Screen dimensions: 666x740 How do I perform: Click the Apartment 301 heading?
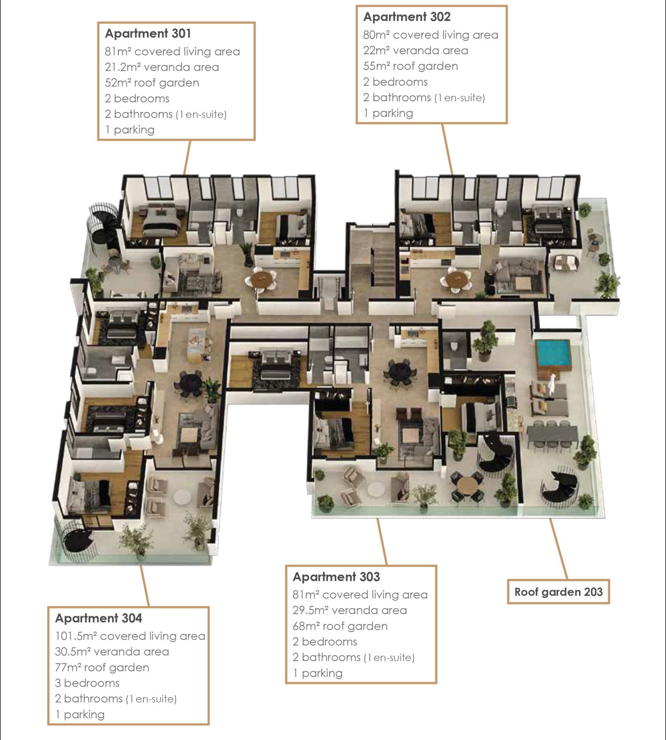[x=148, y=33]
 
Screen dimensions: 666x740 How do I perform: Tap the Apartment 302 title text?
[x=407, y=17]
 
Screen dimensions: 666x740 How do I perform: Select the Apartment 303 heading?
[x=336, y=577]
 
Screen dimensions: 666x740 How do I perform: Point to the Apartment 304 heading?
[x=98, y=618]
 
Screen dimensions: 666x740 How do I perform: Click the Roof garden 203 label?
[x=558, y=592]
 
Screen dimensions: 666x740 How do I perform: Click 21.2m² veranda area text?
[x=162, y=67]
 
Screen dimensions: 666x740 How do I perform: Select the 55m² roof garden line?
[x=410, y=66]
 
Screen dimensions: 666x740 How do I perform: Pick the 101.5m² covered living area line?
[x=130, y=636]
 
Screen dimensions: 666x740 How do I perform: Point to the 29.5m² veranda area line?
[x=349, y=610]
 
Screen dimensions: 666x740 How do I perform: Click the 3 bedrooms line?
[x=87, y=683]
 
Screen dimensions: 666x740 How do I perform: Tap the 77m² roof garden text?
[x=102, y=667]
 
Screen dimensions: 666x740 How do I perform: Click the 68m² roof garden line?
[x=340, y=626]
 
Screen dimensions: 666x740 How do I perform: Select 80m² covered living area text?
[x=430, y=35]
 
